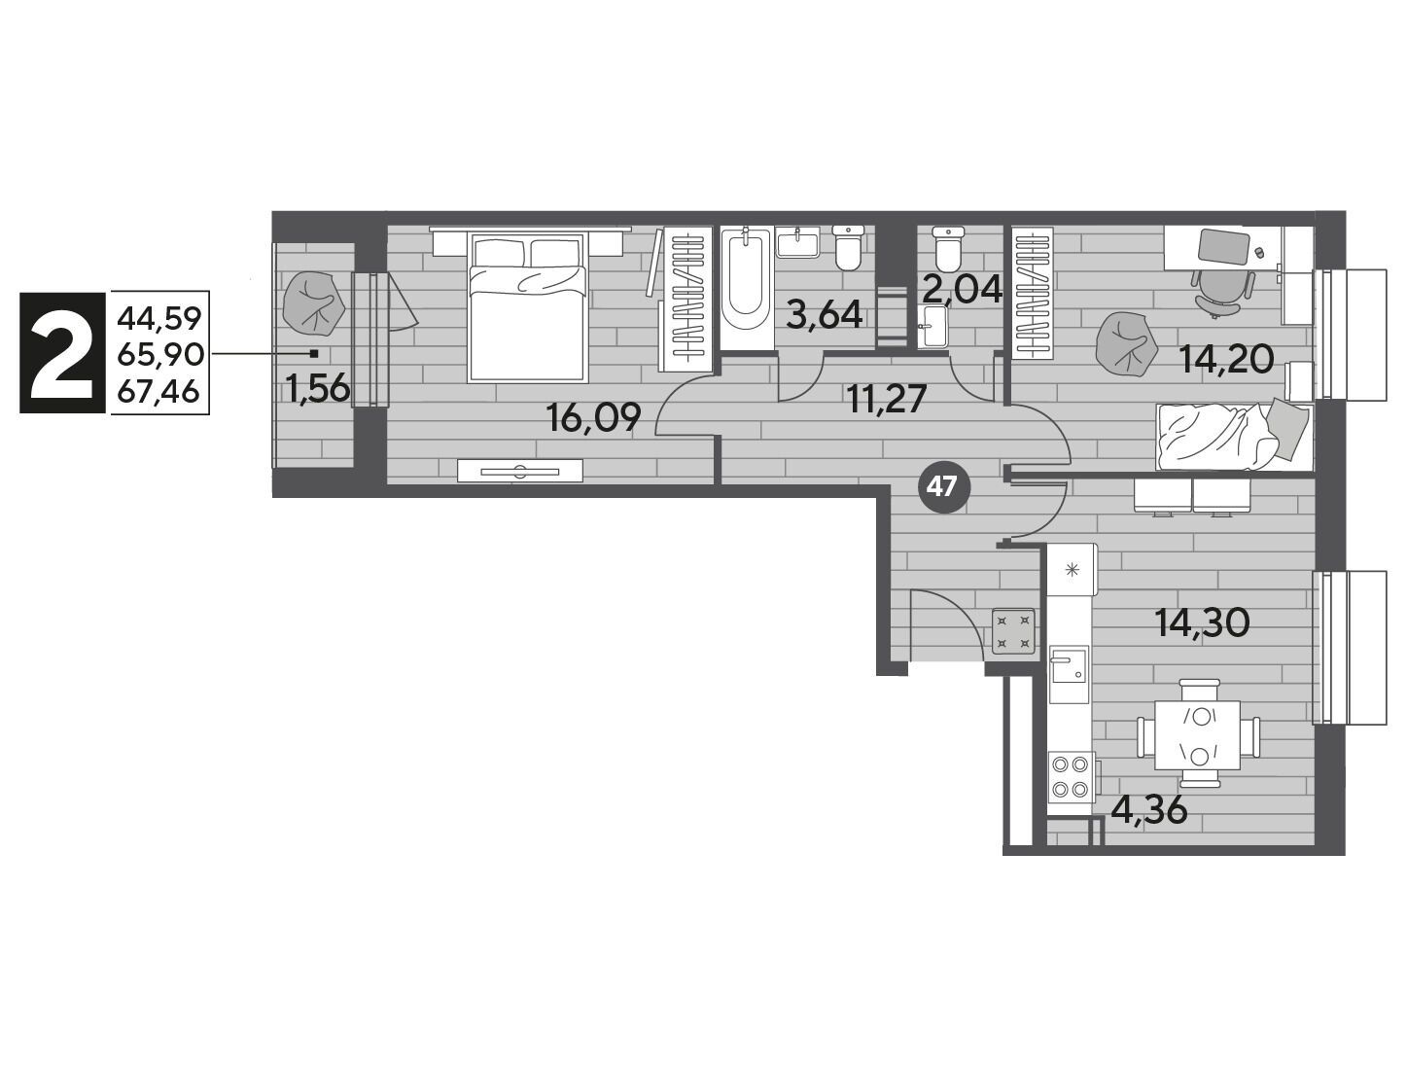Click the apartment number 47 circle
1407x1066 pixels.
944,488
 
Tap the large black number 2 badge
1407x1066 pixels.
62,352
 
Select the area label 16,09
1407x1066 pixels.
593,417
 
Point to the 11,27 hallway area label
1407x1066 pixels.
887,400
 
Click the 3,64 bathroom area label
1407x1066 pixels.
824,315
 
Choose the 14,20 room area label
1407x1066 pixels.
1226,360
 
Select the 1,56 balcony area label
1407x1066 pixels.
319,388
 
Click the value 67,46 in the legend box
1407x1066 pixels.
158,390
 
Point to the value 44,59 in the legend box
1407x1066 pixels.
158,318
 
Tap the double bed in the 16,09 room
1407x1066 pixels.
528,307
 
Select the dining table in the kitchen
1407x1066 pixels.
1197,734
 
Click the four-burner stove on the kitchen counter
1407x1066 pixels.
1072,783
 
